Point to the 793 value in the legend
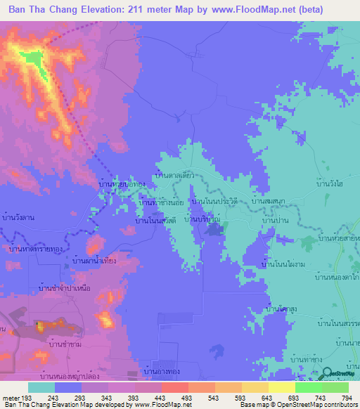click(x=347, y=397)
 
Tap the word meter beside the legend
click(x=11, y=397)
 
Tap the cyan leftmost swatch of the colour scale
click(x=41, y=387)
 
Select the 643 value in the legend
click(x=261, y=397)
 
